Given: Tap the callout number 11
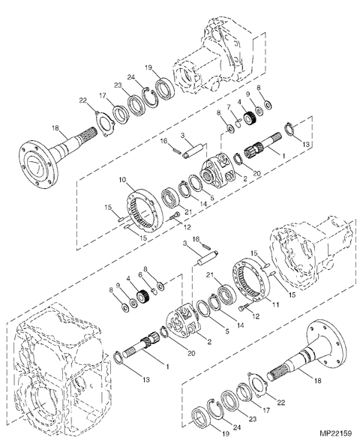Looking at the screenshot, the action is pyautogui.click(x=275, y=304).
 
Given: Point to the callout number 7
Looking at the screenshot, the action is pyautogui.click(x=229, y=107).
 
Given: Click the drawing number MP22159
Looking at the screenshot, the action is pyautogui.click(x=336, y=433).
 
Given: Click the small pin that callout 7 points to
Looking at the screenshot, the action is pyautogui.click(x=238, y=123).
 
